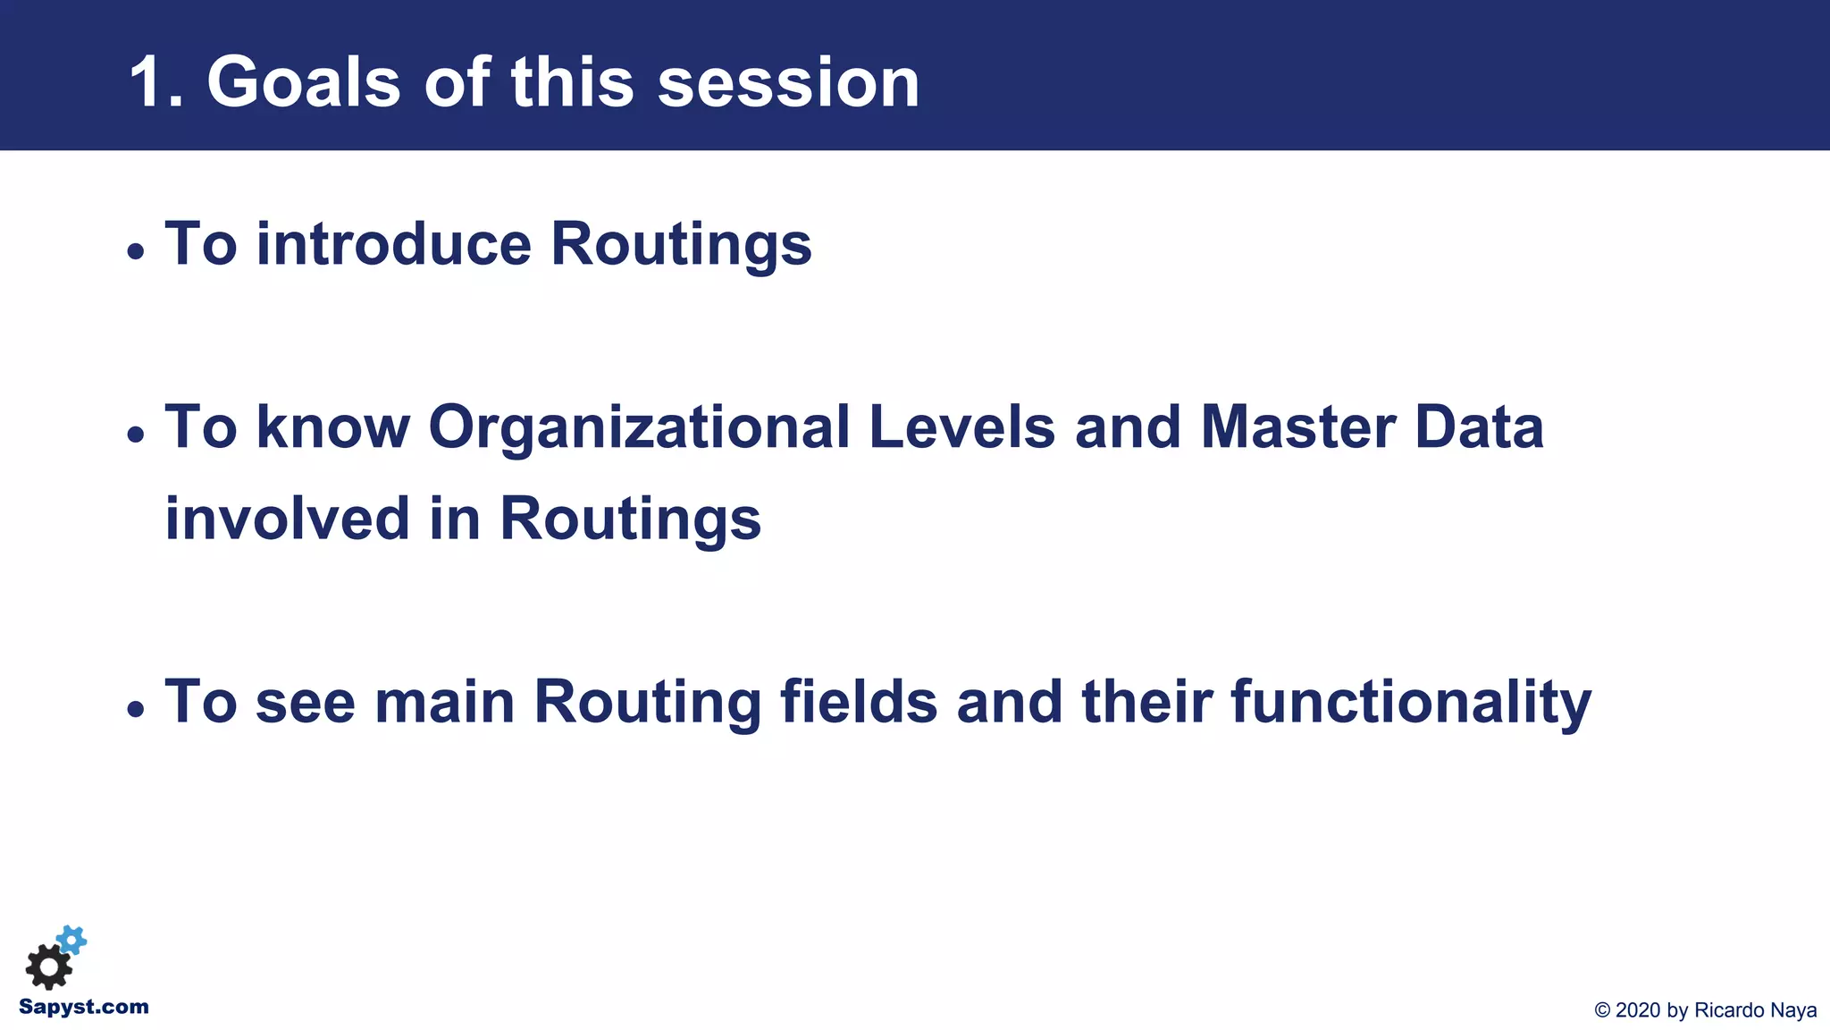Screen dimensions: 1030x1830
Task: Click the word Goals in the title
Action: [x=303, y=82]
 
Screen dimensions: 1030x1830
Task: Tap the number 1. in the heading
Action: [x=156, y=82]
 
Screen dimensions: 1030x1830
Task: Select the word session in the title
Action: [x=788, y=82]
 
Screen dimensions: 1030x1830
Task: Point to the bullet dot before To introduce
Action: [x=135, y=251]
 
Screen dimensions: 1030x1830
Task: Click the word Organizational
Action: [x=639, y=427]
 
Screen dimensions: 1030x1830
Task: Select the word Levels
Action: [x=961, y=427]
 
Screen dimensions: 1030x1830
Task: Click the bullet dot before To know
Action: [x=135, y=435]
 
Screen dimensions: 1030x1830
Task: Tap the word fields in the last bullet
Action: [x=859, y=702]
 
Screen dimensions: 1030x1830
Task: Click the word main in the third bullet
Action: [x=444, y=702]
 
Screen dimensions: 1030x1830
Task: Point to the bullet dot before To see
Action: [x=135, y=710]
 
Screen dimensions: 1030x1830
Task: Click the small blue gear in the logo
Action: [x=71, y=940]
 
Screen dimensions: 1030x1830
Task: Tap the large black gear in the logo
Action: [x=48, y=967]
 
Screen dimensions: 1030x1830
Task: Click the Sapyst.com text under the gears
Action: [x=84, y=1008]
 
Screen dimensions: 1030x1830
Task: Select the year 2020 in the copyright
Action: [x=1638, y=1010]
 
